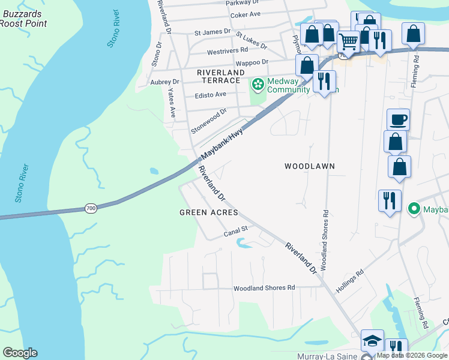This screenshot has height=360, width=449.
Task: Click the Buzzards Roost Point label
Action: [x=23, y=19]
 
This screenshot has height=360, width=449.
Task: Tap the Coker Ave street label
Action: [x=246, y=14]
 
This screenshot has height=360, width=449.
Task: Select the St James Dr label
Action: [x=212, y=31]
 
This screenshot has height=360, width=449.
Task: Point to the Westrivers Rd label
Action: [x=228, y=50]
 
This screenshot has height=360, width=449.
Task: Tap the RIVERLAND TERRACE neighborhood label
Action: [x=219, y=76]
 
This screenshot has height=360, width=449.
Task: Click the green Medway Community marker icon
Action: [x=258, y=85]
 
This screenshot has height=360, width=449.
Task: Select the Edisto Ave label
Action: [x=211, y=94]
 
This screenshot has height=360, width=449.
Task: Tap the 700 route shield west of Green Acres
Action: [x=91, y=208]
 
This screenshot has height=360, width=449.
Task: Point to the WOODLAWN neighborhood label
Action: [x=309, y=166]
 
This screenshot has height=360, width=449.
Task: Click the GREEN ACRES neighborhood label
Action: [x=209, y=212]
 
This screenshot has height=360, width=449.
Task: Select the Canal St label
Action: [x=236, y=230]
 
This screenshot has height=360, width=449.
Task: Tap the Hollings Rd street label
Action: [x=350, y=280]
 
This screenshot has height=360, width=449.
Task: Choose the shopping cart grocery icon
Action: [x=348, y=41]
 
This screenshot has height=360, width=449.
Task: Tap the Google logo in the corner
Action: [x=20, y=353]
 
